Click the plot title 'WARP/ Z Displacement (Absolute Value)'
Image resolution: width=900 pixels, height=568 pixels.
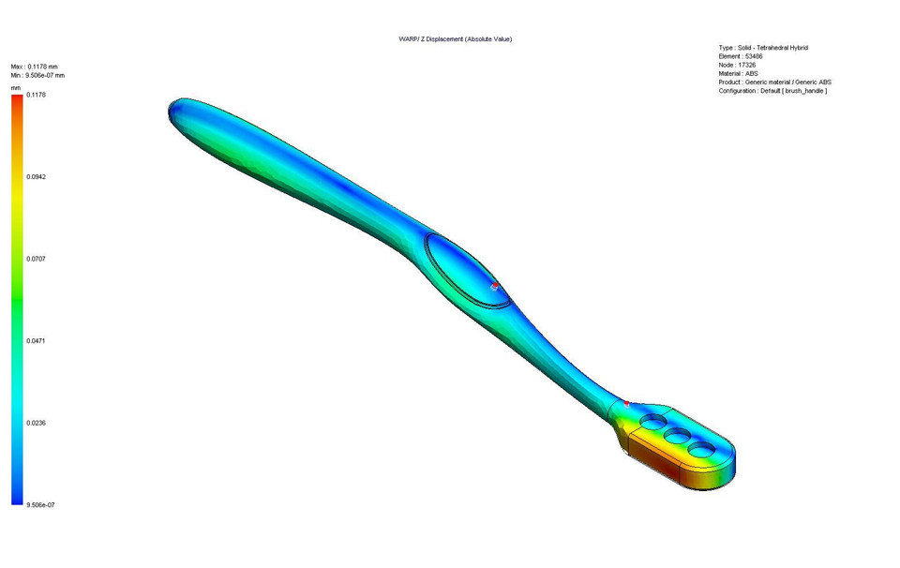(x=455, y=38)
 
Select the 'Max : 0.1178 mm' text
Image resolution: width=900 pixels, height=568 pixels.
(x=34, y=67)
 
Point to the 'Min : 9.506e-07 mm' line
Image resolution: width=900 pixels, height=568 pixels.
(x=37, y=75)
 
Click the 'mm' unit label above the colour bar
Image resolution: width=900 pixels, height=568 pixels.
(x=16, y=87)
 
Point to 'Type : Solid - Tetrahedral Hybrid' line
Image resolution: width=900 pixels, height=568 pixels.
(x=763, y=48)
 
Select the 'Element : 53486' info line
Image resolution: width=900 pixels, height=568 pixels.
(x=741, y=56)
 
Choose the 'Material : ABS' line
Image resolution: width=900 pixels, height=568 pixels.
(x=738, y=73)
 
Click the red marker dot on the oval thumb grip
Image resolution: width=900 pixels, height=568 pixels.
(x=494, y=285)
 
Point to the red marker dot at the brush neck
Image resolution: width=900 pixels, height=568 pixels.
(x=626, y=404)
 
